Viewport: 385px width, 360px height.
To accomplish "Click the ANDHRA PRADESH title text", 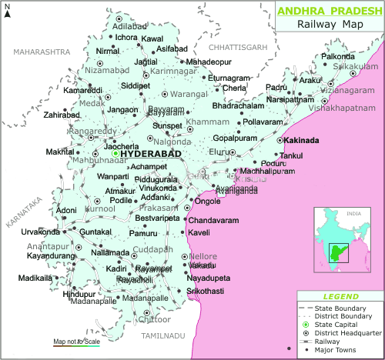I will (x=328, y=11).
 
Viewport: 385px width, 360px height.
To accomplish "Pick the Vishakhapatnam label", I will (x=334, y=109).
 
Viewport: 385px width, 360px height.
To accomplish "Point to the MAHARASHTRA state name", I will (x=41, y=52).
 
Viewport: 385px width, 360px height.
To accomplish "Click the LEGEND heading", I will (x=340, y=296).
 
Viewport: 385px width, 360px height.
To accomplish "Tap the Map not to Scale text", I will (x=76, y=341).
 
